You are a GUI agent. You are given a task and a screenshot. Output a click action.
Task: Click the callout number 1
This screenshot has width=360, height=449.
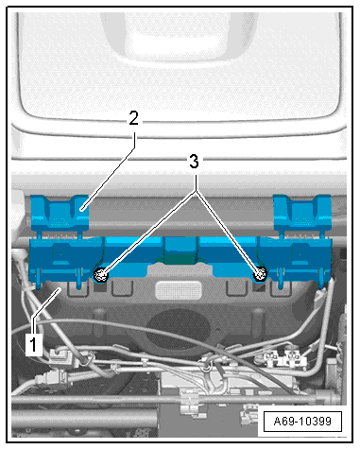34,344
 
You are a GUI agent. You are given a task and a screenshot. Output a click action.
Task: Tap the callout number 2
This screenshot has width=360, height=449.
134,118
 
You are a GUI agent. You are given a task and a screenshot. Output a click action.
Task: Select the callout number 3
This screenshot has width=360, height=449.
194,162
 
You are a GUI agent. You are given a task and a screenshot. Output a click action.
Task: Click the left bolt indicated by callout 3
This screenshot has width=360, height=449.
101,276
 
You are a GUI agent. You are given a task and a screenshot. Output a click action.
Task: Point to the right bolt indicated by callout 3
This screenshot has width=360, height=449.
260,275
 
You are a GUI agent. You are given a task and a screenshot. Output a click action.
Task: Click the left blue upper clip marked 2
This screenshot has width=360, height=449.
60,213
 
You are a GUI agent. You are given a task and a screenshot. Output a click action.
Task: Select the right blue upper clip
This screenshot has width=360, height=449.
302,213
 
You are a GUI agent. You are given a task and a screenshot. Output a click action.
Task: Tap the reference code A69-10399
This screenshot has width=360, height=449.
302,422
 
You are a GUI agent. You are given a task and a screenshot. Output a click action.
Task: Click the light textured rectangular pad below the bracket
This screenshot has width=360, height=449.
179,290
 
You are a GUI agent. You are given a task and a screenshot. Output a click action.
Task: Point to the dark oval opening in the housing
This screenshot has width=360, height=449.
179,329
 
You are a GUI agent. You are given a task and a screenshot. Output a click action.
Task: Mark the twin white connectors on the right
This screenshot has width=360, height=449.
283,358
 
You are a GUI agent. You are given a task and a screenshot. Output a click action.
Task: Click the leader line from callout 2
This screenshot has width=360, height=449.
109,170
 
